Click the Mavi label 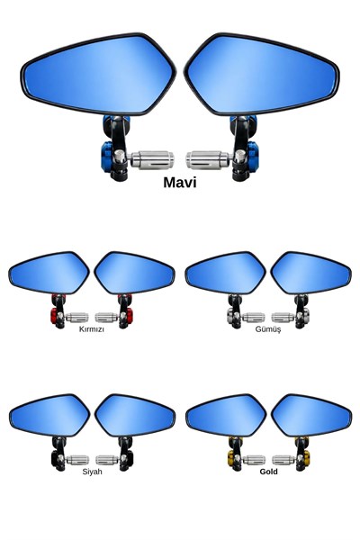coord(180,183)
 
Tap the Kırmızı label coord(92,328)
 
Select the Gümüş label coord(268,328)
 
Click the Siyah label coord(92,472)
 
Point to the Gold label coord(269,472)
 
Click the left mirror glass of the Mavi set coord(99,74)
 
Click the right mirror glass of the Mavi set coord(262,74)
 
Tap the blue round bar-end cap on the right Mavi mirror coord(253,157)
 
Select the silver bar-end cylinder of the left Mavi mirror coord(152,160)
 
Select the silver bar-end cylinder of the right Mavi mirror coord(207,160)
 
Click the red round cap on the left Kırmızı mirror coord(54,316)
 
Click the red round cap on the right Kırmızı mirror coord(130,316)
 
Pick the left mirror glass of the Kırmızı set coord(49,273)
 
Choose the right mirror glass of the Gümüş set coord(311,273)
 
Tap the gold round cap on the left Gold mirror coord(230,458)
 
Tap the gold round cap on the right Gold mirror coord(306,458)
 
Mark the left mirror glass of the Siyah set coord(49,415)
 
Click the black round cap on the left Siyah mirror coord(54,458)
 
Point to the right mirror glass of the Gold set coord(311,415)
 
